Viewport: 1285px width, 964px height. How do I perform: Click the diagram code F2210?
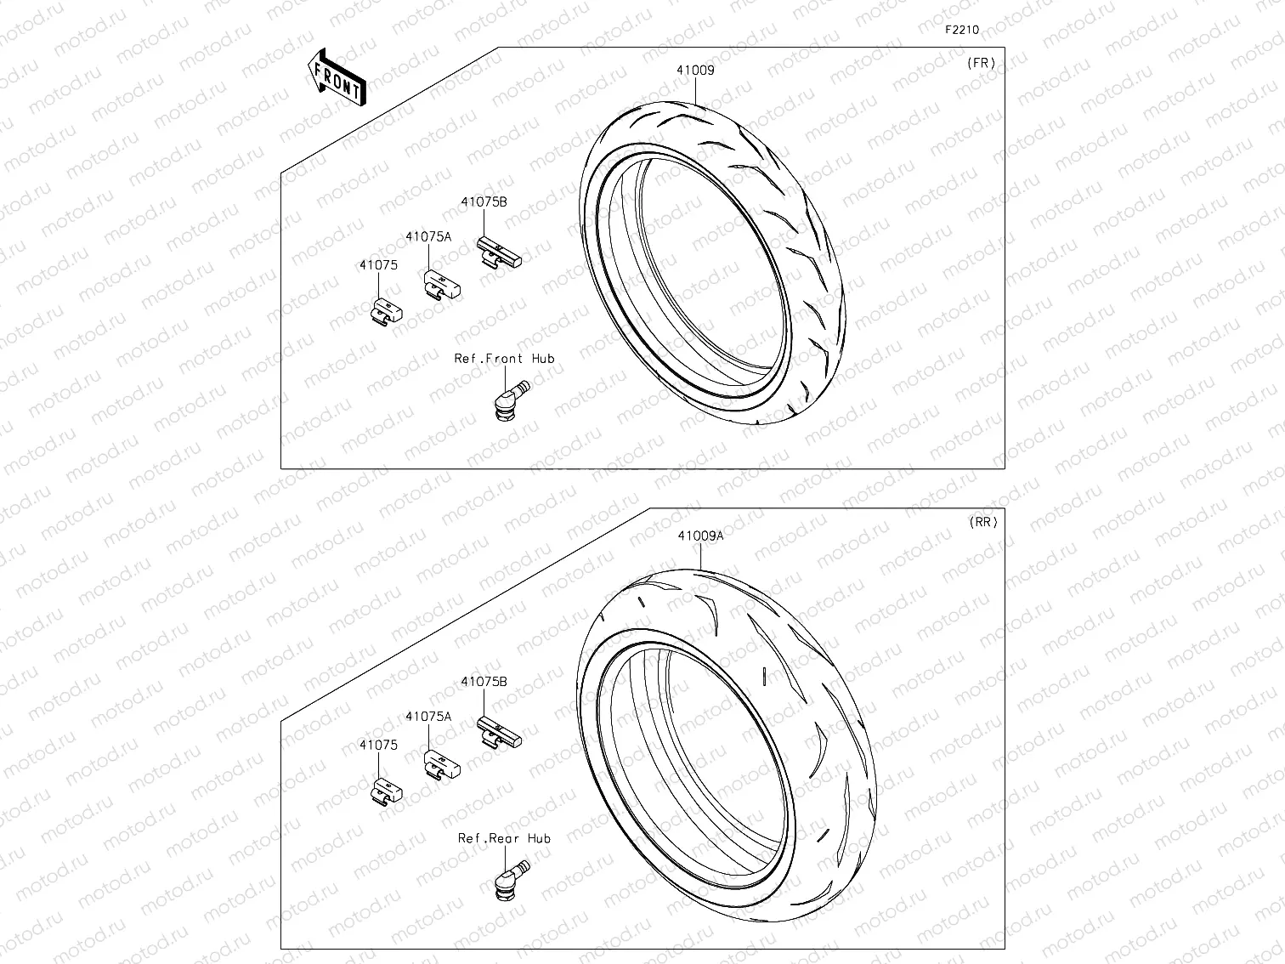click(962, 30)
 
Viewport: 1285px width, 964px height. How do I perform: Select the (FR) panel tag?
click(981, 63)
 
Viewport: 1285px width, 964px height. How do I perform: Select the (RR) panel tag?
click(982, 523)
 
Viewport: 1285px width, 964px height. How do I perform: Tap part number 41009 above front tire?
click(694, 71)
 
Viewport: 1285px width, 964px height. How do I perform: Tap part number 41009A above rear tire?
click(699, 536)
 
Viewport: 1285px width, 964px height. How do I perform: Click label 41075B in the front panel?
click(484, 202)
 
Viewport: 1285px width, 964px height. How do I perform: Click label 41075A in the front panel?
click(428, 237)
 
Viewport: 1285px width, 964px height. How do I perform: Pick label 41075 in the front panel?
click(378, 265)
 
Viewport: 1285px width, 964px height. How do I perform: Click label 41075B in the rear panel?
click(484, 682)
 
